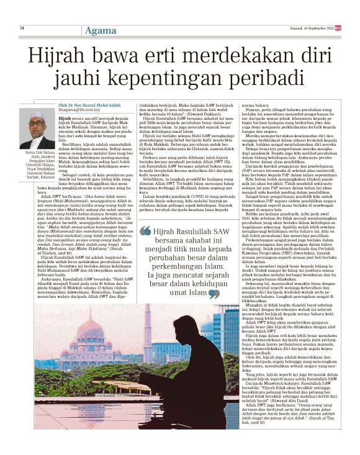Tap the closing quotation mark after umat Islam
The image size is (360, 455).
coord(213,293)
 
